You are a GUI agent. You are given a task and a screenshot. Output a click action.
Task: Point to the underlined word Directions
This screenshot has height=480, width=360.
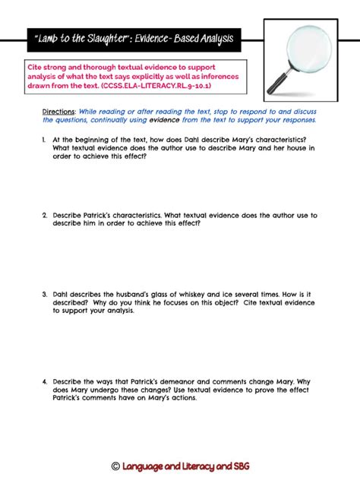[x=58, y=111]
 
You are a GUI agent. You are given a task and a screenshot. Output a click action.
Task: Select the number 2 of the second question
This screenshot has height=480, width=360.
[x=46, y=215]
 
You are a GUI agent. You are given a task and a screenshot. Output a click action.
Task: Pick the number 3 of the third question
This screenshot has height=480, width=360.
[x=46, y=295]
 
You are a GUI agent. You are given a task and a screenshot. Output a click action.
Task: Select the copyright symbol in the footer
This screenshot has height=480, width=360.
[x=115, y=465]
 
